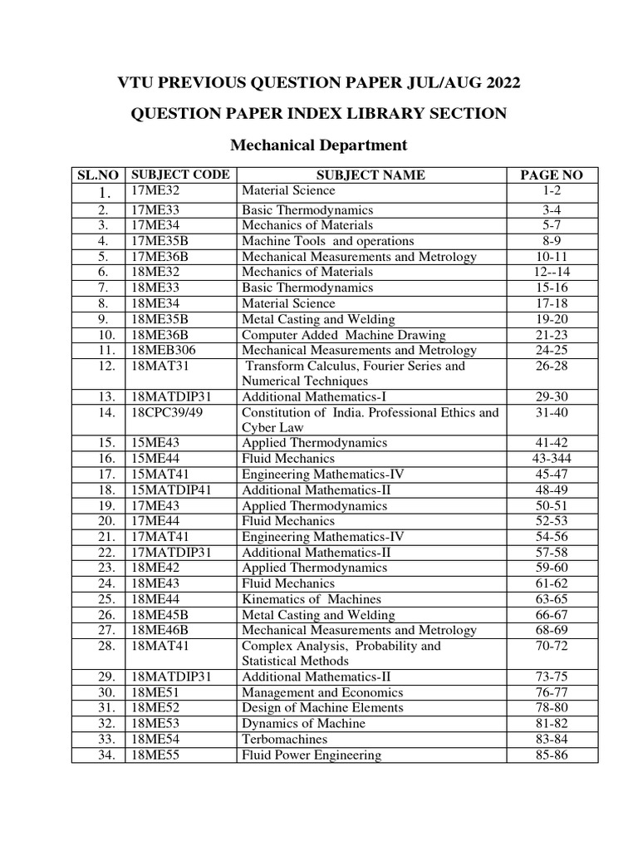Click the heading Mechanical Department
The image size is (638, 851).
[x=318, y=145]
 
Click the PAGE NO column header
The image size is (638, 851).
[x=551, y=175]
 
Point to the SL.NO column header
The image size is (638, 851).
[x=98, y=175]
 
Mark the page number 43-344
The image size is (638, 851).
[x=551, y=459]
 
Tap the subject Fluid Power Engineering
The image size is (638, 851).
[x=312, y=755]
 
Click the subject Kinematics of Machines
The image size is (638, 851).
[x=312, y=598]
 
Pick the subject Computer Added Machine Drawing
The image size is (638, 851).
[x=343, y=335]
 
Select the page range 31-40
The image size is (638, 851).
[x=551, y=412]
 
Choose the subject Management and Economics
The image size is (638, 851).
[x=320, y=692]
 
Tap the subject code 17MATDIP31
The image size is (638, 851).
[x=171, y=552]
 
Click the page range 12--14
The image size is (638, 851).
[x=551, y=272]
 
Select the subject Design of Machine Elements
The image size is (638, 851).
[x=322, y=707]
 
